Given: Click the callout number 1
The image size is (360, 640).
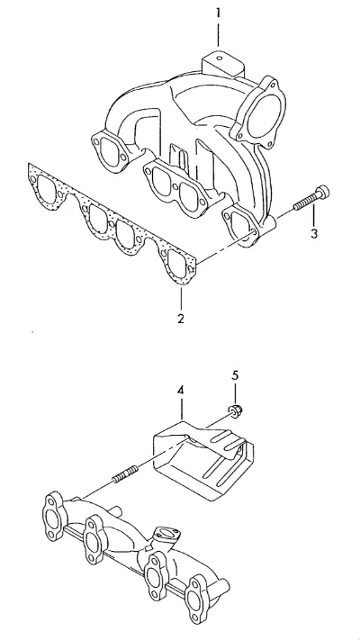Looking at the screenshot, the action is (x=218, y=14).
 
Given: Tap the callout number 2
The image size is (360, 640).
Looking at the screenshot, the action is (x=180, y=319).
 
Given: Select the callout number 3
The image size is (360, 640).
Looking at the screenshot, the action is (x=313, y=234).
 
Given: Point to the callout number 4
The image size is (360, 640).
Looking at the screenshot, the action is (x=180, y=390).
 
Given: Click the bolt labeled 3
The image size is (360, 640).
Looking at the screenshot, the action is (x=311, y=198).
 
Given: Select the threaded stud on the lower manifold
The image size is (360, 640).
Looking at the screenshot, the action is (x=125, y=474).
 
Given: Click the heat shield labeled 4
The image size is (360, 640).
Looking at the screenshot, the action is (x=203, y=458).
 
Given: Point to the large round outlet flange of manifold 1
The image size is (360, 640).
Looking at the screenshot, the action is (x=258, y=112).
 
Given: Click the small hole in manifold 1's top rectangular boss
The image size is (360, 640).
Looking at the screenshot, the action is (x=220, y=58).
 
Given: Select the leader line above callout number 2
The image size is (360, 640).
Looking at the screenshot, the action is (x=181, y=298).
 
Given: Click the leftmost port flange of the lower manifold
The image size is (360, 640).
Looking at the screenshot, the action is (x=54, y=518).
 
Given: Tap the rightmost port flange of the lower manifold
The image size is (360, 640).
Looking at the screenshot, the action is (x=201, y=597).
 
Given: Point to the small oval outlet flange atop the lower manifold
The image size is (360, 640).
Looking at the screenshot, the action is (x=165, y=535).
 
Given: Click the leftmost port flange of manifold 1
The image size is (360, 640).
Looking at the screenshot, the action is (x=109, y=149).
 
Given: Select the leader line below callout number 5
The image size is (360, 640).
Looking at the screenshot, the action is (x=235, y=393).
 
